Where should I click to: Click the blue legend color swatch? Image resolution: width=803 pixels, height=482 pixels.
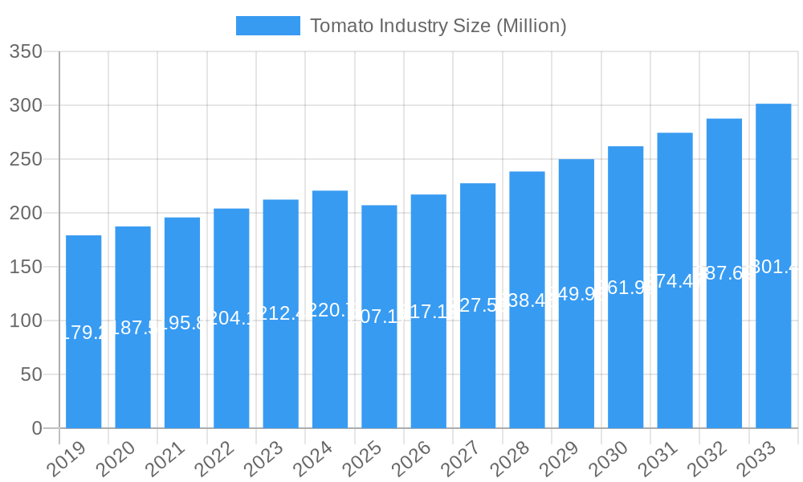pyautogui.click(x=267, y=26)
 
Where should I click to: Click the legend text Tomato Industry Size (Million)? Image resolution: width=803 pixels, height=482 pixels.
pyautogui.click(x=438, y=26)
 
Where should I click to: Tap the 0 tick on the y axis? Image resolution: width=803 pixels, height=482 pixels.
pyautogui.click(x=37, y=428)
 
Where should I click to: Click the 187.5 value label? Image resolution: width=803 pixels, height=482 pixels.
pyautogui.click(x=132, y=328)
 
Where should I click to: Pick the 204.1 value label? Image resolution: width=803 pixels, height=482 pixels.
pyautogui.click(x=231, y=318)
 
